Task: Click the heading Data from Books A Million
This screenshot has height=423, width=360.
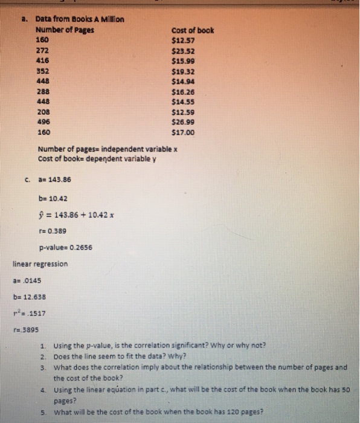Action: click(x=80, y=19)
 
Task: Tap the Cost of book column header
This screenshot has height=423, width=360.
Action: click(x=193, y=31)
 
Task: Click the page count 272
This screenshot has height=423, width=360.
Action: click(x=43, y=51)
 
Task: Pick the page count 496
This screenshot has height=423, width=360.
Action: click(x=43, y=121)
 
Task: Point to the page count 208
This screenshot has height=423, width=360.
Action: click(x=43, y=111)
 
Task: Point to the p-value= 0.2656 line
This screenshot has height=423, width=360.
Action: click(x=66, y=247)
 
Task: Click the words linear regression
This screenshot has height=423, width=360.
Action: click(x=40, y=264)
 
